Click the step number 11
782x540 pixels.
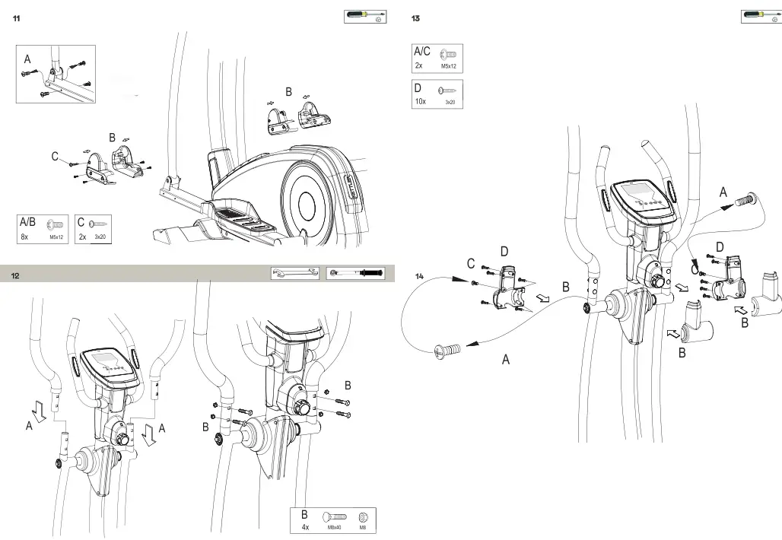(x=16, y=19)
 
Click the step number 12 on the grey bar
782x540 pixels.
(x=16, y=275)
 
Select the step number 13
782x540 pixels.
(x=415, y=19)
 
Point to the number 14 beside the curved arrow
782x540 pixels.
(x=420, y=276)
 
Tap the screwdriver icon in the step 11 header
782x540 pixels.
(x=364, y=17)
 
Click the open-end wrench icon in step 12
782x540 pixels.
(x=295, y=273)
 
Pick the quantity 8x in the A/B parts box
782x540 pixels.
(x=26, y=237)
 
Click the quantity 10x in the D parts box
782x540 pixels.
(x=420, y=101)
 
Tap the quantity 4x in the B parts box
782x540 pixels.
(x=305, y=526)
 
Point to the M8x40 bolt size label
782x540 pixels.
(x=334, y=527)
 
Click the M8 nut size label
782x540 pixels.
(x=363, y=527)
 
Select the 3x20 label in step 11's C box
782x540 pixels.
(x=99, y=237)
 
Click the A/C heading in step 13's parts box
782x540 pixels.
(x=421, y=52)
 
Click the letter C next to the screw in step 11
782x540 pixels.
(x=55, y=157)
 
